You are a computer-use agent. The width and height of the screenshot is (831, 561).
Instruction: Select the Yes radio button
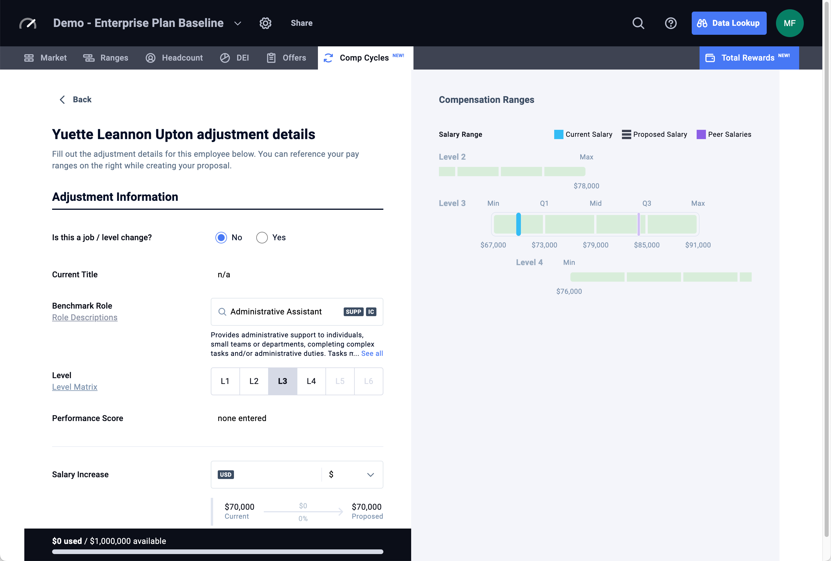(x=262, y=238)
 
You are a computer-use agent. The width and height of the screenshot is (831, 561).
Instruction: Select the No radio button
(x=221, y=238)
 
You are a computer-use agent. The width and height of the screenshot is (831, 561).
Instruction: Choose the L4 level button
(x=311, y=381)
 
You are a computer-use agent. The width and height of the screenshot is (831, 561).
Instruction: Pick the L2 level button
(x=254, y=381)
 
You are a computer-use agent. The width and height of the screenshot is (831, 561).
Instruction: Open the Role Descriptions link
(x=85, y=317)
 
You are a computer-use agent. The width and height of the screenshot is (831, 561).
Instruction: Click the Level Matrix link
(x=75, y=387)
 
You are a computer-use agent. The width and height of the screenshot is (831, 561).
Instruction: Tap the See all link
(x=372, y=354)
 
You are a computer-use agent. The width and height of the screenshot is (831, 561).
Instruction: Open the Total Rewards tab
(x=748, y=58)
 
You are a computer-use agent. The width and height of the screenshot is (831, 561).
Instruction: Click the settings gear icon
(x=265, y=23)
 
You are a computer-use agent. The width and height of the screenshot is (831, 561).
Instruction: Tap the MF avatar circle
(x=789, y=23)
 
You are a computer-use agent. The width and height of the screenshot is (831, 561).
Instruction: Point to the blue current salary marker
(x=518, y=224)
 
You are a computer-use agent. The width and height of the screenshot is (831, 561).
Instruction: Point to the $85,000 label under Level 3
(x=646, y=245)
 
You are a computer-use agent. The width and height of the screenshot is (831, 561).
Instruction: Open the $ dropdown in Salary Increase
(x=352, y=474)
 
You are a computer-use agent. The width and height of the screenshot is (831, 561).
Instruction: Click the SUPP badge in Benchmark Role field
(x=353, y=312)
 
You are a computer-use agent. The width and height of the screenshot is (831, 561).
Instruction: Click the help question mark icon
(x=671, y=23)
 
